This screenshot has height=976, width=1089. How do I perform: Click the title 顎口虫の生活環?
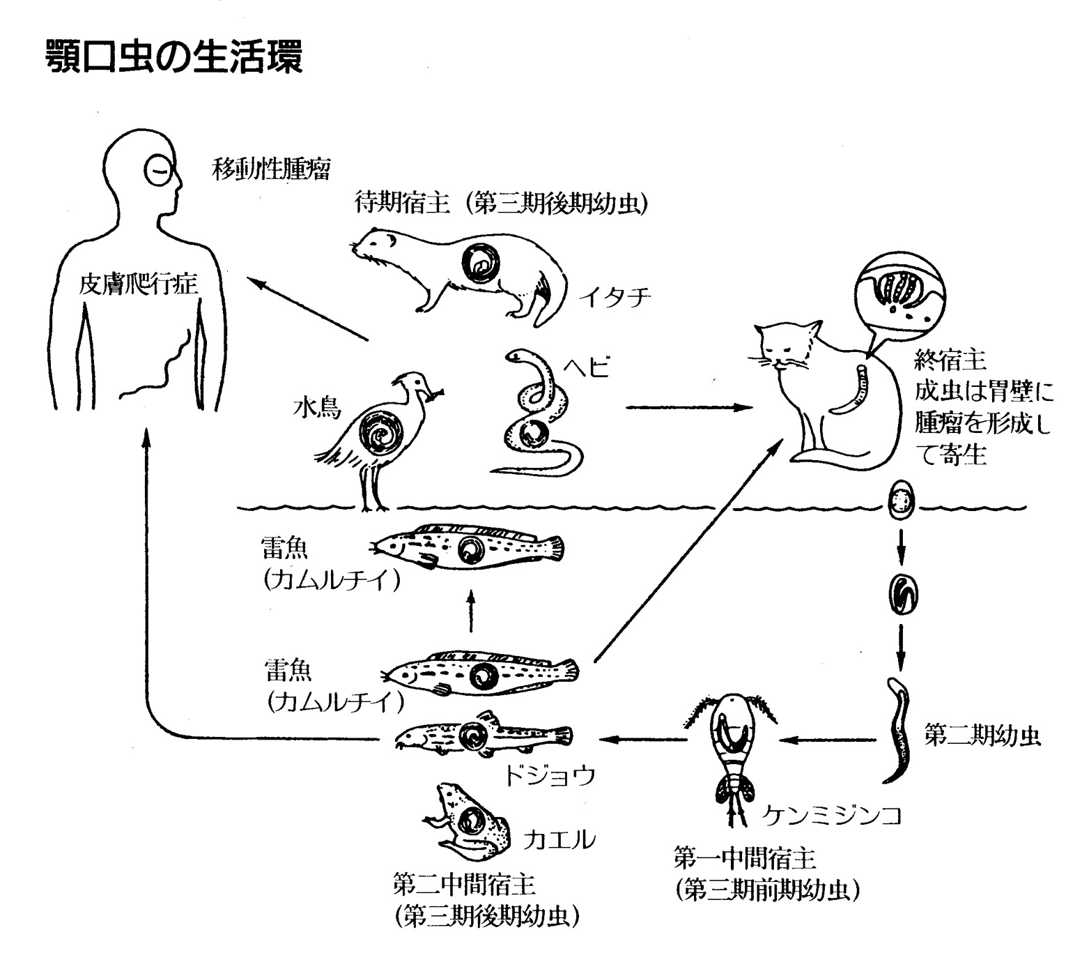tap(173, 57)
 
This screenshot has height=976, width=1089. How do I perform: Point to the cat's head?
tap(787, 345)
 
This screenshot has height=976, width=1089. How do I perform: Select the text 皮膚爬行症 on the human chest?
tap(139, 285)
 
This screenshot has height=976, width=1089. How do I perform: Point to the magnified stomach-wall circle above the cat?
tap(899, 293)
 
